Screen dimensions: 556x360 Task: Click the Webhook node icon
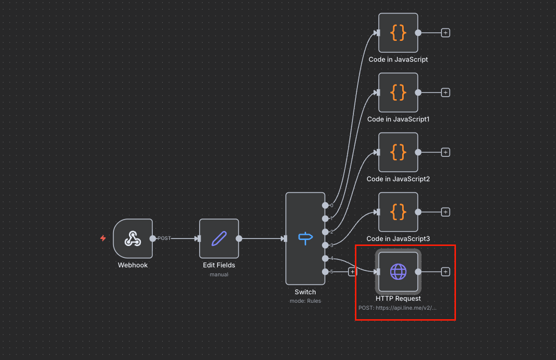(x=132, y=239)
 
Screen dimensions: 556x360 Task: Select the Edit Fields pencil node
(x=219, y=239)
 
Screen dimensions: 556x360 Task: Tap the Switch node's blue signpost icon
(x=305, y=238)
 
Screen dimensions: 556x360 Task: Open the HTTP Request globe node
(x=398, y=272)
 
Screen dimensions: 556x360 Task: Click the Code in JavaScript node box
(x=398, y=33)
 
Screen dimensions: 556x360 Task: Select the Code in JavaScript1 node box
(x=398, y=93)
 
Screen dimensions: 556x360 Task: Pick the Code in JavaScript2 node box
(x=398, y=152)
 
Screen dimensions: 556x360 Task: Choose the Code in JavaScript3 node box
(x=398, y=212)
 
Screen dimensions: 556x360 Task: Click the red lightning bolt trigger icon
(x=103, y=238)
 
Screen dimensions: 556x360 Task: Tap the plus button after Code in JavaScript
(x=445, y=33)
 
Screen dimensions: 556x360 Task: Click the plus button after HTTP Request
(x=445, y=272)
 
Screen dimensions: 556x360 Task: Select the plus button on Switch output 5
(x=352, y=272)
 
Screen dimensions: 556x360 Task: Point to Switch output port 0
(x=325, y=205)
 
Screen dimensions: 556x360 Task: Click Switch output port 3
(x=325, y=245)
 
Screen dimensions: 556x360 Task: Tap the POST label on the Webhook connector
(x=164, y=239)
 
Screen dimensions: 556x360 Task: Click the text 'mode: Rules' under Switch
(x=305, y=301)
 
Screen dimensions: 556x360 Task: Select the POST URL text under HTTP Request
(x=398, y=308)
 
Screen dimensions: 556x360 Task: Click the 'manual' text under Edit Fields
(x=219, y=274)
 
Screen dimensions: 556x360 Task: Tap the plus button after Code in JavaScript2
(x=445, y=152)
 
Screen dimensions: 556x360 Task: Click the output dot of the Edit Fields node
(x=239, y=239)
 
